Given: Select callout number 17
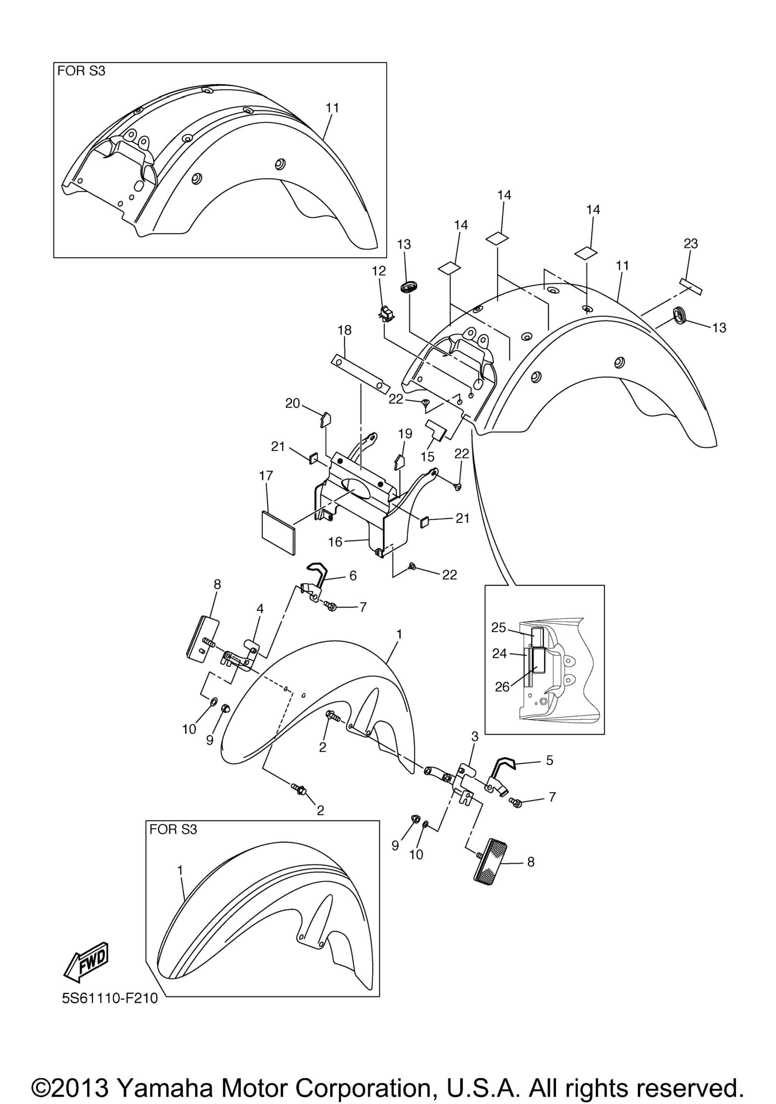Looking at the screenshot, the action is click(266, 476).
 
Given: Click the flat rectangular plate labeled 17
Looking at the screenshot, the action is click(278, 533).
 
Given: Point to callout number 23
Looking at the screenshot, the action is click(690, 244).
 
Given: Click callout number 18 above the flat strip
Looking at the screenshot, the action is click(344, 331).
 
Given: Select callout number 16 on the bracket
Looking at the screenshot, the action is click(335, 542).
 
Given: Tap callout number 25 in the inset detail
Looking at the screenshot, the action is click(499, 627).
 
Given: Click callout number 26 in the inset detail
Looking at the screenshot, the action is click(502, 687).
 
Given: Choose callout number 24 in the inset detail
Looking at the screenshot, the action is click(499, 653).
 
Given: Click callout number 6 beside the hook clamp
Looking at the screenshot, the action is click(353, 575).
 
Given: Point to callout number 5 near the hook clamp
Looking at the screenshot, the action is click(549, 760).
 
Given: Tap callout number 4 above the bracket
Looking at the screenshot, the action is click(260, 609).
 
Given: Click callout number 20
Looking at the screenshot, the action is click(293, 404).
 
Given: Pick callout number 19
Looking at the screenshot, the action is click(405, 434).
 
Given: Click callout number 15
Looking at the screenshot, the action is click(428, 456).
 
